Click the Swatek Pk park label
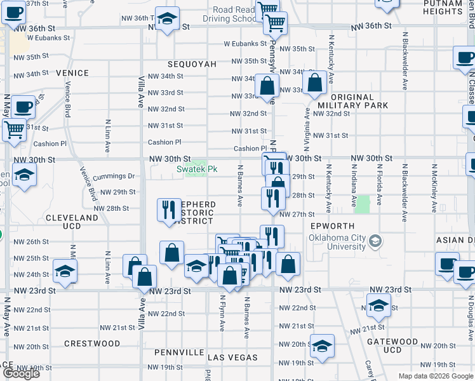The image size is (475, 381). click(197, 170)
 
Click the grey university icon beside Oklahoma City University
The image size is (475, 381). click(376, 241)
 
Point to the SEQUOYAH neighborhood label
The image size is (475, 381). click(192, 65)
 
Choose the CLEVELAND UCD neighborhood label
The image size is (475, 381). click(72, 222)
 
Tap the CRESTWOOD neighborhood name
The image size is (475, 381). click(93, 344)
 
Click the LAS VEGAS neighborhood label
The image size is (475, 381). click(232, 358)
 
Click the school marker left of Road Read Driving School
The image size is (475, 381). click(168, 20)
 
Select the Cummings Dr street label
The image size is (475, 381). click(114, 176)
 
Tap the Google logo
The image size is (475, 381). click(21, 373)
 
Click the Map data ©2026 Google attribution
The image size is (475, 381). click(436, 376)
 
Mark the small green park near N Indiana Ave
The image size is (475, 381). click(363, 204)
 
